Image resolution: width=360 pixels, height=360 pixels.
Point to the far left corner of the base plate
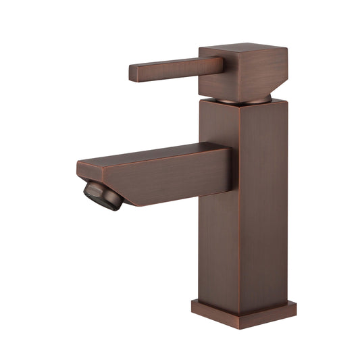(192, 303)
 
